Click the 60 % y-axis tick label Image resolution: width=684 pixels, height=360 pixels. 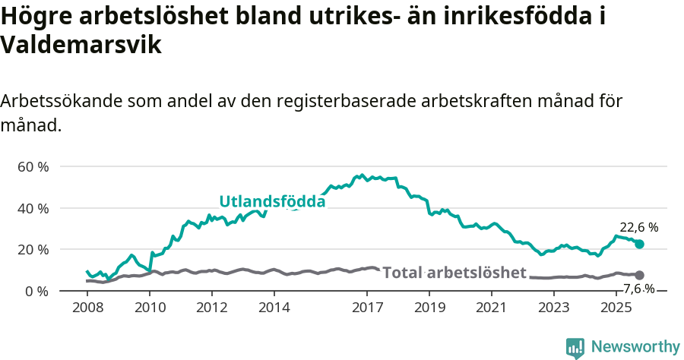33,166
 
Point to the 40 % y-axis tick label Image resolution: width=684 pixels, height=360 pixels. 33,208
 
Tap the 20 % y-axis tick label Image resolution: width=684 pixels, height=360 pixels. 33,249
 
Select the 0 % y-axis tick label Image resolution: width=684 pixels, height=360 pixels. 36,291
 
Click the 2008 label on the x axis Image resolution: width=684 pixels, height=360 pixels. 87,308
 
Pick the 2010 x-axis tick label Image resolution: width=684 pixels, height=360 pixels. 150,308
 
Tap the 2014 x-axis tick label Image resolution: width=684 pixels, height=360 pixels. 274,308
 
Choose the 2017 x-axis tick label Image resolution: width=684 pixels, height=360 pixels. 367,308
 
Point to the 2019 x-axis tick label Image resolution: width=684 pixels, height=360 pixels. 429,308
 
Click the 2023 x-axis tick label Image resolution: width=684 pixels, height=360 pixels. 554,308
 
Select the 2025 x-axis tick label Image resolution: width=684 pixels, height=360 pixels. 616,308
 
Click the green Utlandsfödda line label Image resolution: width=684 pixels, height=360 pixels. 272,201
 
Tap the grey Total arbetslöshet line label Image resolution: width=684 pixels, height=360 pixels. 454,272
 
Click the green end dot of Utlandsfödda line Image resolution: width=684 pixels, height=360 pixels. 639,244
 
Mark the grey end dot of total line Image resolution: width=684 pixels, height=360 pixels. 639,275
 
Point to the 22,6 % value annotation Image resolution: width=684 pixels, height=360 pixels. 638,227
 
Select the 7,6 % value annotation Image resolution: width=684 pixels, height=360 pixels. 638,289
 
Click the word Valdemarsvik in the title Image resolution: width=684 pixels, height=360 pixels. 81,45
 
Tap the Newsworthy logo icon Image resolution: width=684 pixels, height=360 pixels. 575,347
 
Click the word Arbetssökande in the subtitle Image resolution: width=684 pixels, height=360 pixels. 62,101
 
